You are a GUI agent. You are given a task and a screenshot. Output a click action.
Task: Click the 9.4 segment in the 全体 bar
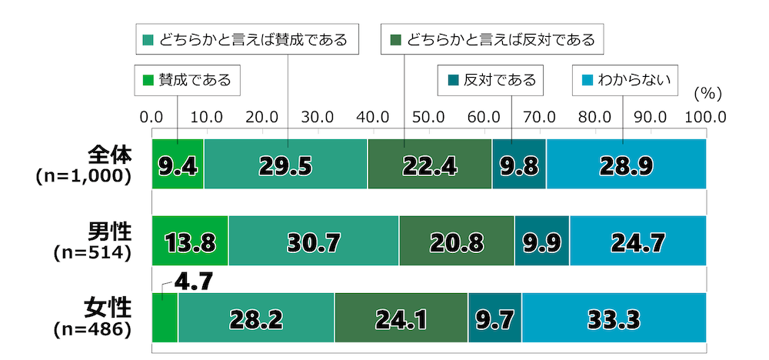(x=178, y=164)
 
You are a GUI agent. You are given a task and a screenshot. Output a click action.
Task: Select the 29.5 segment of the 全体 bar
(x=286, y=164)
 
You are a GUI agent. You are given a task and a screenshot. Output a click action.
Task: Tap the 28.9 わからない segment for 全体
(x=626, y=164)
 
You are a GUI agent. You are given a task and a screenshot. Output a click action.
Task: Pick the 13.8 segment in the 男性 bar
(x=190, y=241)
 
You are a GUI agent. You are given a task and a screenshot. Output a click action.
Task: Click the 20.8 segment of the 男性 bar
(x=456, y=241)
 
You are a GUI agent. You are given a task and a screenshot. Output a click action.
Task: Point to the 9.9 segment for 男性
(x=541, y=241)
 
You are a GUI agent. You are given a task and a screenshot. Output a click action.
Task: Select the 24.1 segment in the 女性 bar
(x=401, y=318)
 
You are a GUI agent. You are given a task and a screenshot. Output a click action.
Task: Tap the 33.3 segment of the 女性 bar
(x=614, y=318)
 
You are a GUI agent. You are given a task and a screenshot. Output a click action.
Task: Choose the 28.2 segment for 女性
(x=256, y=318)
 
